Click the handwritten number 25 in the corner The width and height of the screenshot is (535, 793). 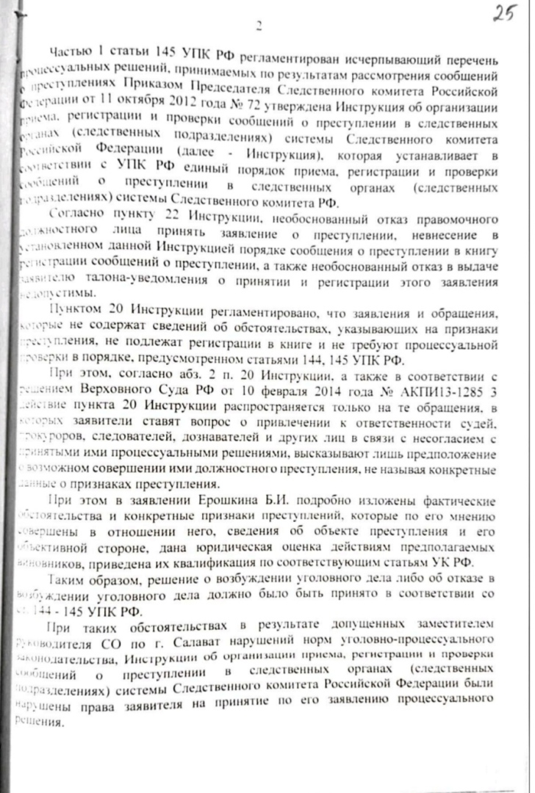coord(505,15)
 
